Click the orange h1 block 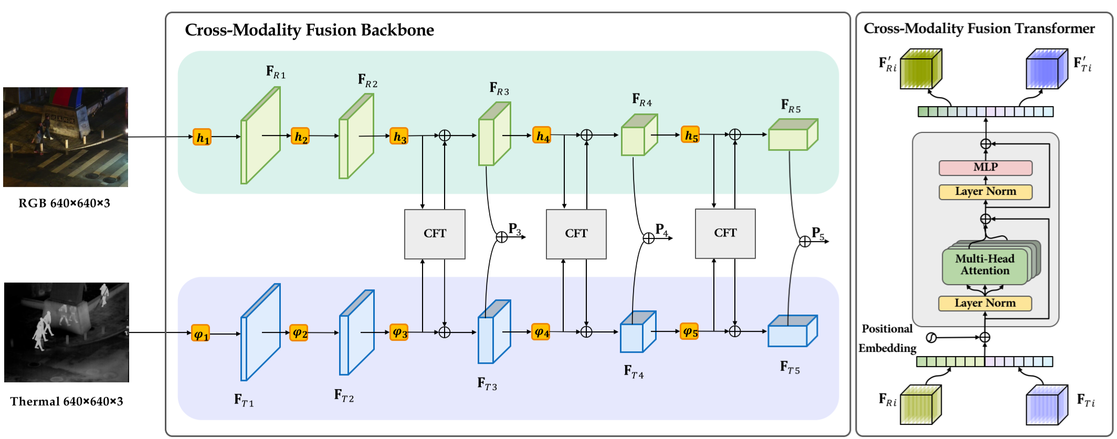pos(202,138)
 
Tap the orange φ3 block pos(399,332)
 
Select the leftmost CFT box pos(435,234)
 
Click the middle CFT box pos(576,234)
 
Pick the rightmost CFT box pos(725,233)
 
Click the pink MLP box pos(985,168)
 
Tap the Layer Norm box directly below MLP pos(985,192)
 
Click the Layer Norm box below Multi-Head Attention pos(985,303)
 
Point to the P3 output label pos(514,229)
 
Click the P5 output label pos(818,233)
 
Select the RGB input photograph pos(66,137)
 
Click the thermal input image pos(66,332)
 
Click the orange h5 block pos(690,135)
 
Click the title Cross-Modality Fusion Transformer pos(979,28)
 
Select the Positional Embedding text pos(887,338)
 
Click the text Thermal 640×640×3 pos(67,402)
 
